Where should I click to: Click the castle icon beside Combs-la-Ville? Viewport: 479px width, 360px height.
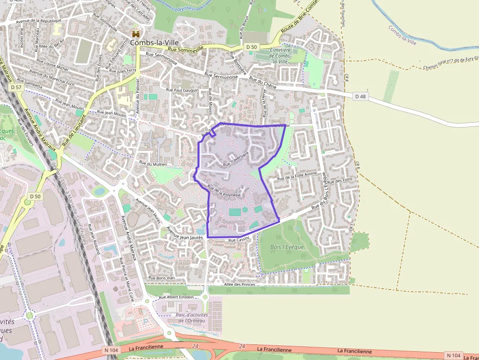[135, 34]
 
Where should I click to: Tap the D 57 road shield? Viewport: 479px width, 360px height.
[16, 87]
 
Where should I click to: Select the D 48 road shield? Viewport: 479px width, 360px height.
[360, 97]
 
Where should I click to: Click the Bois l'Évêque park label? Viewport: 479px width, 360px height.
[287, 247]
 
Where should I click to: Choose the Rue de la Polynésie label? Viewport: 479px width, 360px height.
[224, 191]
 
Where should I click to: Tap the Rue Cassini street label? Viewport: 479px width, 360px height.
[239, 240]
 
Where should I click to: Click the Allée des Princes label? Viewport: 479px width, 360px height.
[240, 284]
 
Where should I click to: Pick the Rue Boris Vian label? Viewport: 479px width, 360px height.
[161, 277]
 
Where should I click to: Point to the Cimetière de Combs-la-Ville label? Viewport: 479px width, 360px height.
[280, 56]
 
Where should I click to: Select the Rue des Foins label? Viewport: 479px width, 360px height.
[340, 181]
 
